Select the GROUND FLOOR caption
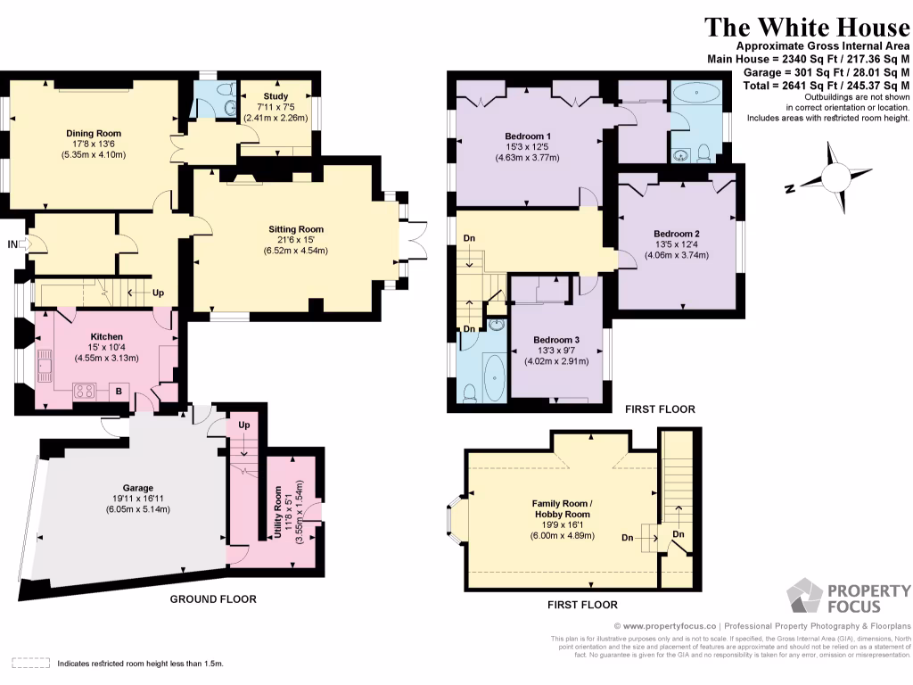pos(213,599)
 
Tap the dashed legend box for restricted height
pos(30,664)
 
